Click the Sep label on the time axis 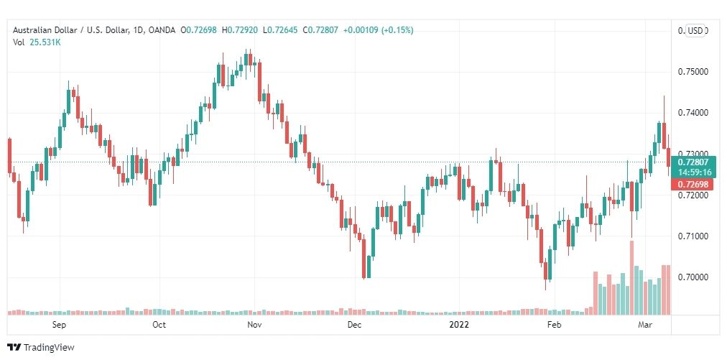tap(60, 325)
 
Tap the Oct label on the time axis tap(159, 325)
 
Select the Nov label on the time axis tap(254, 325)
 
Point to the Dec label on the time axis tap(353, 325)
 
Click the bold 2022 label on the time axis tap(459, 325)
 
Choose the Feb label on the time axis tap(554, 325)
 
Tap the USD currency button tap(695, 31)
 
